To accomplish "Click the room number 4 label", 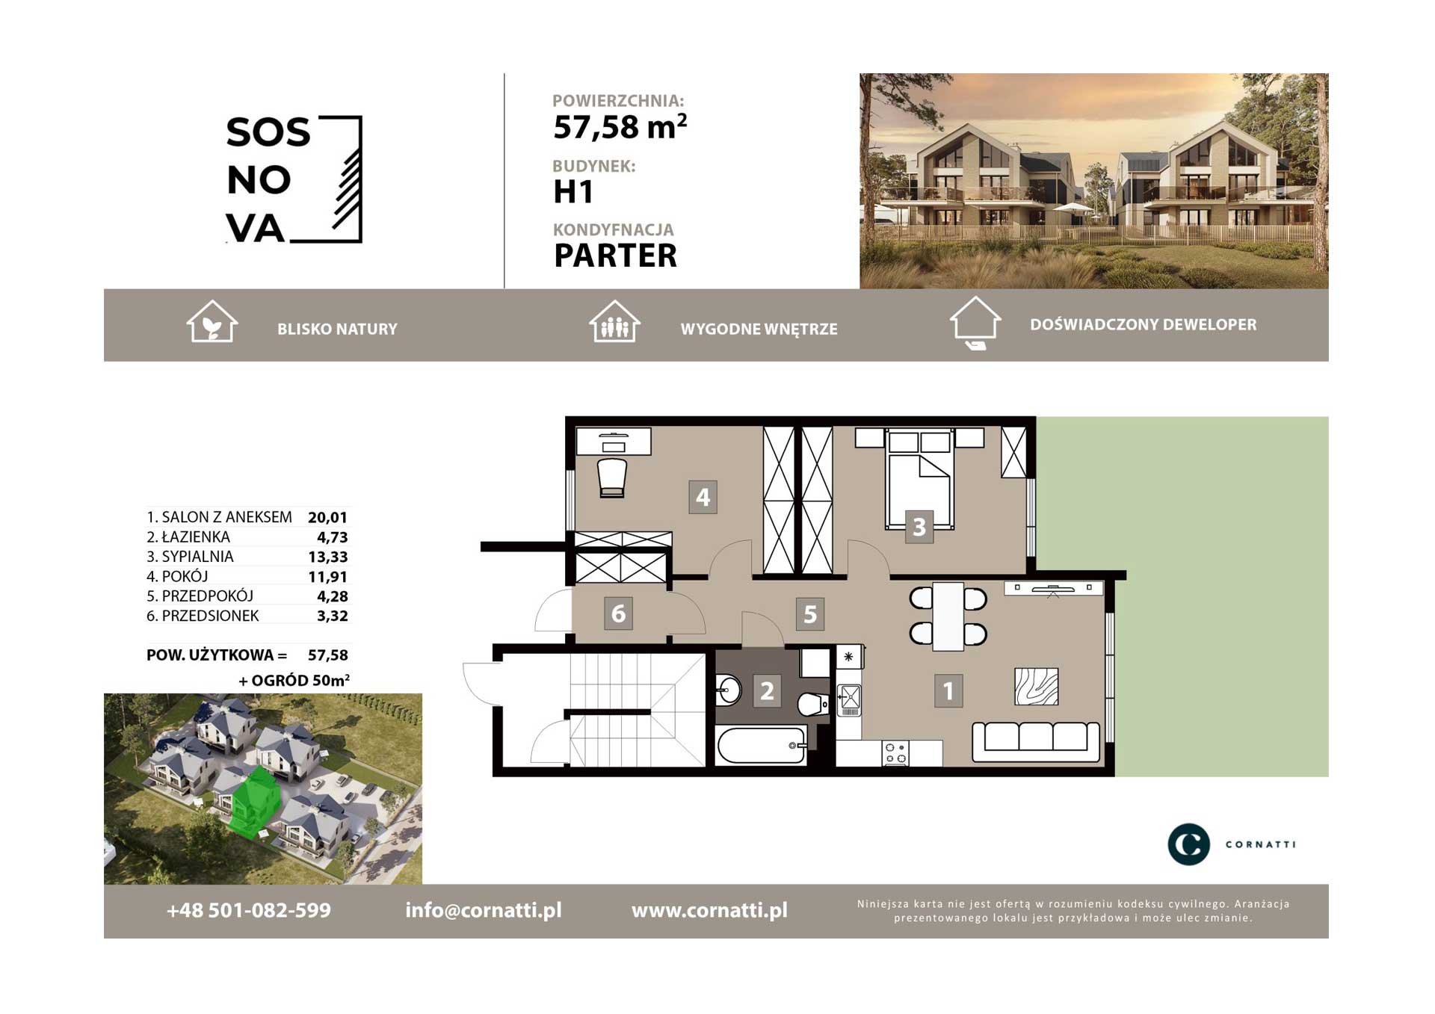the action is click(x=703, y=497).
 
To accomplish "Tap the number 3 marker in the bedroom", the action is click(x=919, y=527).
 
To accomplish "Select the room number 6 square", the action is click(x=618, y=613).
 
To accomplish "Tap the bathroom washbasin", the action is click(x=727, y=690).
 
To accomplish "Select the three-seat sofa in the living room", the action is click(x=1036, y=741).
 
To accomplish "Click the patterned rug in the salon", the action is click(x=1036, y=687).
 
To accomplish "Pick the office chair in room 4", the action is click(x=612, y=477).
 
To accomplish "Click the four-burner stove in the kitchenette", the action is click(x=895, y=753).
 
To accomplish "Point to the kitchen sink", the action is click(x=849, y=700).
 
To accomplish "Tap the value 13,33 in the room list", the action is click(x=328, y=557).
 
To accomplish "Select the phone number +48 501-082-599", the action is click(x=249, y=910).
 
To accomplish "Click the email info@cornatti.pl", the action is click(x=484, y=910).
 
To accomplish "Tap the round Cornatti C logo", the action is click(x=1188, y=844).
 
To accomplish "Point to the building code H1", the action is click(x=573, y=192).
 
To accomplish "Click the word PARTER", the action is click(x=615, y=256).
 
